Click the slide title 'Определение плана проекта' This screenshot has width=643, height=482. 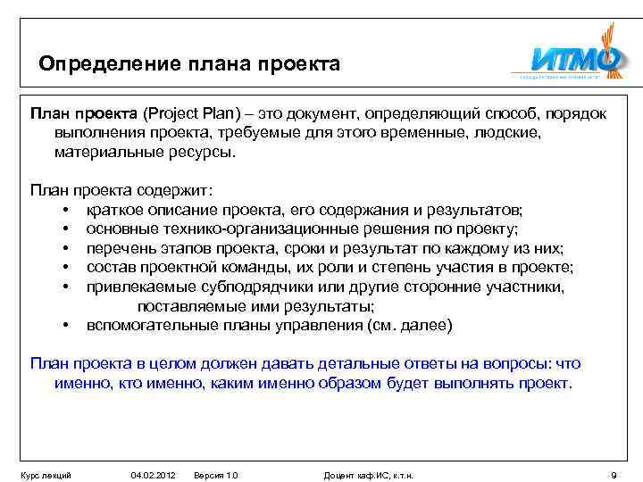189,65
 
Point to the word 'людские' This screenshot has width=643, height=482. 507,133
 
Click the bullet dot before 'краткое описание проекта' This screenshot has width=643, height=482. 67,211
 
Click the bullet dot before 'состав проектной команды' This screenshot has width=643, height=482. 67,268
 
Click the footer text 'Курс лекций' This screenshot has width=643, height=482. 46,475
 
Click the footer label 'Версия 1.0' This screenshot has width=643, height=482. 216,475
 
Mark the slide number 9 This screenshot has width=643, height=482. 612,475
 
